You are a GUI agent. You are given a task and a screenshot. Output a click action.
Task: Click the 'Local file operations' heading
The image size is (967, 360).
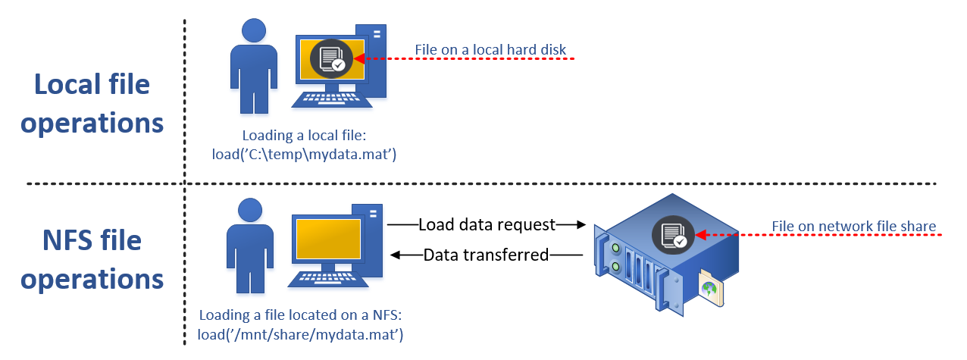pos(92,103)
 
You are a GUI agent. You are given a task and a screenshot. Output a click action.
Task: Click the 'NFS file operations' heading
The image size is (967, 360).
pos(92,260)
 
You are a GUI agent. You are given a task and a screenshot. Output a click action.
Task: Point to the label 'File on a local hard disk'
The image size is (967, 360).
pos(490,51)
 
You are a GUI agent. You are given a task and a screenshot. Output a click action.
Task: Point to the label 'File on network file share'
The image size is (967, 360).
pos(853,226)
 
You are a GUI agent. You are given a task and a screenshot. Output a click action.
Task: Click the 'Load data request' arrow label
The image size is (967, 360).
pos(487,224)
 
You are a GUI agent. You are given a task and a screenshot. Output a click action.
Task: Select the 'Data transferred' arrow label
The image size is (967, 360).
pos(486,255)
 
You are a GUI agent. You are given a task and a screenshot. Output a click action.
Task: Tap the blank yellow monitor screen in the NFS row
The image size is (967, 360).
pos(327,240)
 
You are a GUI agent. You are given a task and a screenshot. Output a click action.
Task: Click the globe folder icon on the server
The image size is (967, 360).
pos(710,289)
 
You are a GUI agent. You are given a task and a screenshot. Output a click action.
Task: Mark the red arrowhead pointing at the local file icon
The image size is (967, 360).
pos(359,58)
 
